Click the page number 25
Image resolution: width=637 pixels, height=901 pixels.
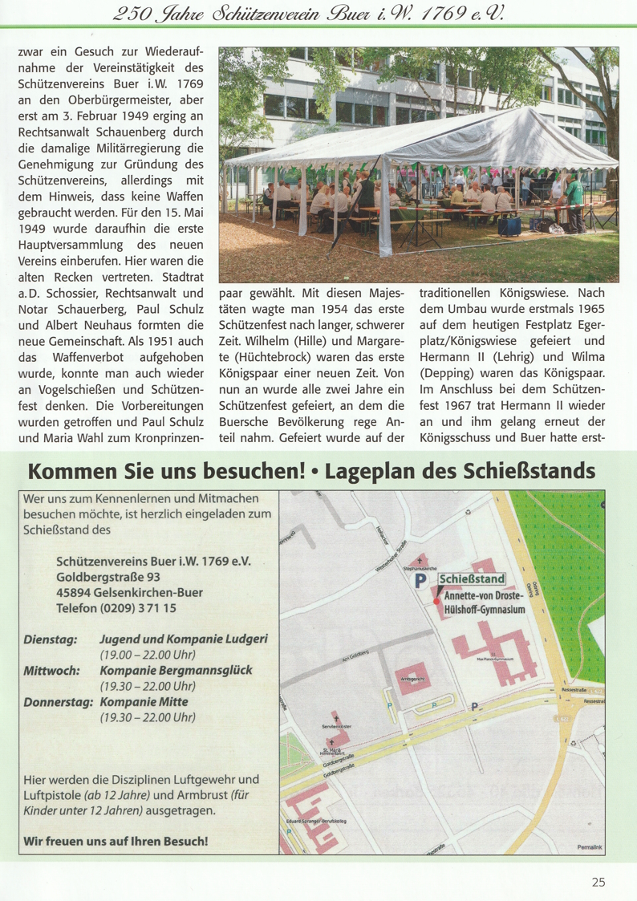[598, 883]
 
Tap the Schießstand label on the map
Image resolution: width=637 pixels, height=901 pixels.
[471, 578]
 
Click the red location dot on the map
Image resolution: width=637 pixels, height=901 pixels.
[436, 601]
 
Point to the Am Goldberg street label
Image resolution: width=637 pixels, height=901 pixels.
[354, 657]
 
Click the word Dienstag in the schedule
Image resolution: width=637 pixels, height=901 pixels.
[51, 639]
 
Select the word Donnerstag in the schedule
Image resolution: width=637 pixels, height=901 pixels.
[59, 701]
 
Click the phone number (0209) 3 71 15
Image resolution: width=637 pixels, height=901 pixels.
[144, 608]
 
